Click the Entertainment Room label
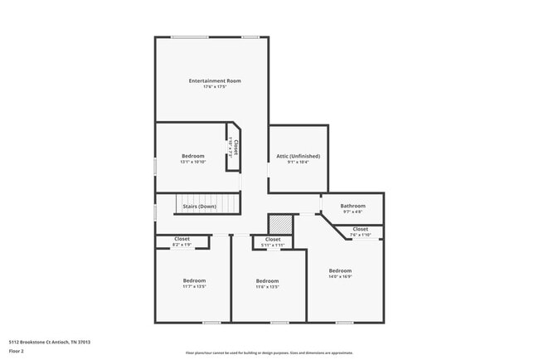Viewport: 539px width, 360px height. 215,80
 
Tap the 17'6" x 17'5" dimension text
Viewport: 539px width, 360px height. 215,87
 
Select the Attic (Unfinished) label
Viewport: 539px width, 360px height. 298,156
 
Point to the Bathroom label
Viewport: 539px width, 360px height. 352,206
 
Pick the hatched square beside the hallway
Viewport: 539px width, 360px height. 281,225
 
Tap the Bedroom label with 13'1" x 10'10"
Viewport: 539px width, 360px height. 192,155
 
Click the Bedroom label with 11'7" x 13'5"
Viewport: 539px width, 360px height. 194,280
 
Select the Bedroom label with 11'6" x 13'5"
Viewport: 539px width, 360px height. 267,280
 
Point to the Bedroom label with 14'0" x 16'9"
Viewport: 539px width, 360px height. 340,270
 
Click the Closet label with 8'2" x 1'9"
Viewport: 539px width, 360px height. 182,239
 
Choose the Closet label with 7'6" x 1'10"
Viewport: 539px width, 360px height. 360,229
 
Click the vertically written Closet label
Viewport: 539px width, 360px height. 236,147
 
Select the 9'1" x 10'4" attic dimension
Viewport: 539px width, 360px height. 298,163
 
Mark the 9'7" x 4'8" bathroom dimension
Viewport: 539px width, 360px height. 352,212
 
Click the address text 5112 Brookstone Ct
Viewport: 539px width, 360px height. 50,341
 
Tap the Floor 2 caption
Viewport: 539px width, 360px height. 17,351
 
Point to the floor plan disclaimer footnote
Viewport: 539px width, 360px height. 269,352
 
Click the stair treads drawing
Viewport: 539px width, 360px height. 207,205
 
